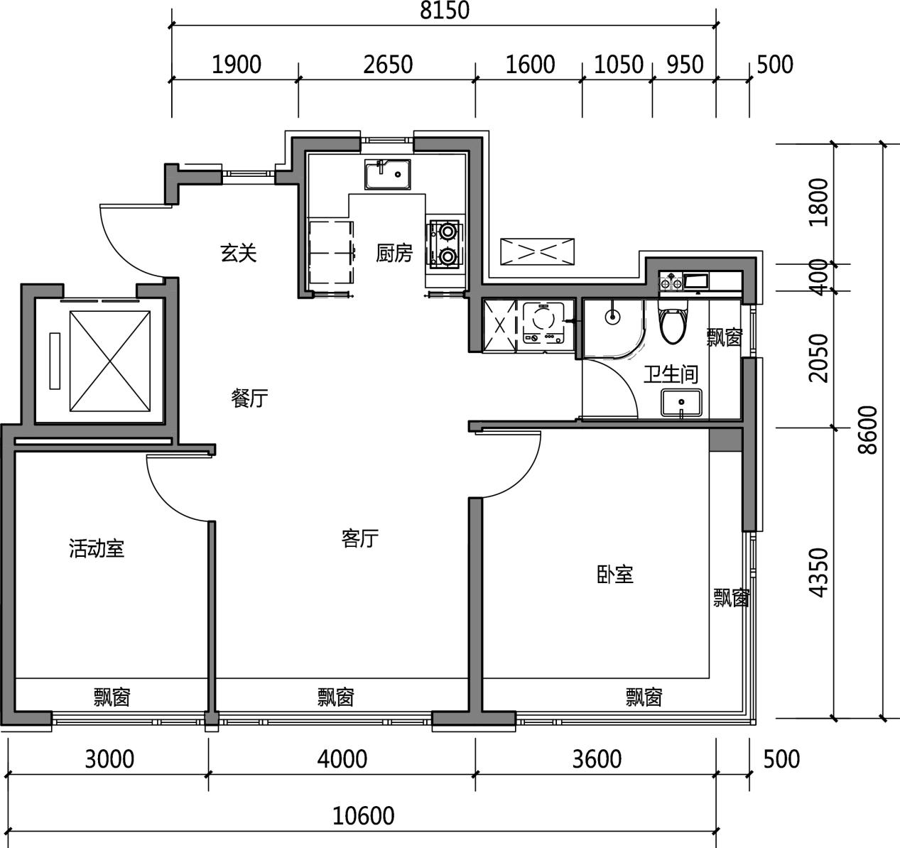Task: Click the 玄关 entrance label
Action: tap(239, 254)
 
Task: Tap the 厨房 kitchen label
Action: tap(394, 254)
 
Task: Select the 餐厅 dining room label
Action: tap(249, 398)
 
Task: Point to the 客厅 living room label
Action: tap(360, 538)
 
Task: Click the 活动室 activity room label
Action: tap(97, 548)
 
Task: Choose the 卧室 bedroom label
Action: tap(615, 575)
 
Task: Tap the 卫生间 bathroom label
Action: tap(671, 374)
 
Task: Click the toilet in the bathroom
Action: tap(673, 321)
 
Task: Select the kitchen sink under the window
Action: tap(387, 174)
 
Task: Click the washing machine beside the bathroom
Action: tap(544, 322)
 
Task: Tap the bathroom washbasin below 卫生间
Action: tap(681, 403)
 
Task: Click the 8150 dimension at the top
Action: tap(445, 11)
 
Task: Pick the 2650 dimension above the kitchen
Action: tap(388, 65)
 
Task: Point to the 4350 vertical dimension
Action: tap(819, 573)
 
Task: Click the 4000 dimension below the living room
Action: tap(342, 760)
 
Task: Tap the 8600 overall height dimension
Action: tap(868, 430)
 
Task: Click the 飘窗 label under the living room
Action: tap(335, 697)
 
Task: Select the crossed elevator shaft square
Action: tap(109, 361)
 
